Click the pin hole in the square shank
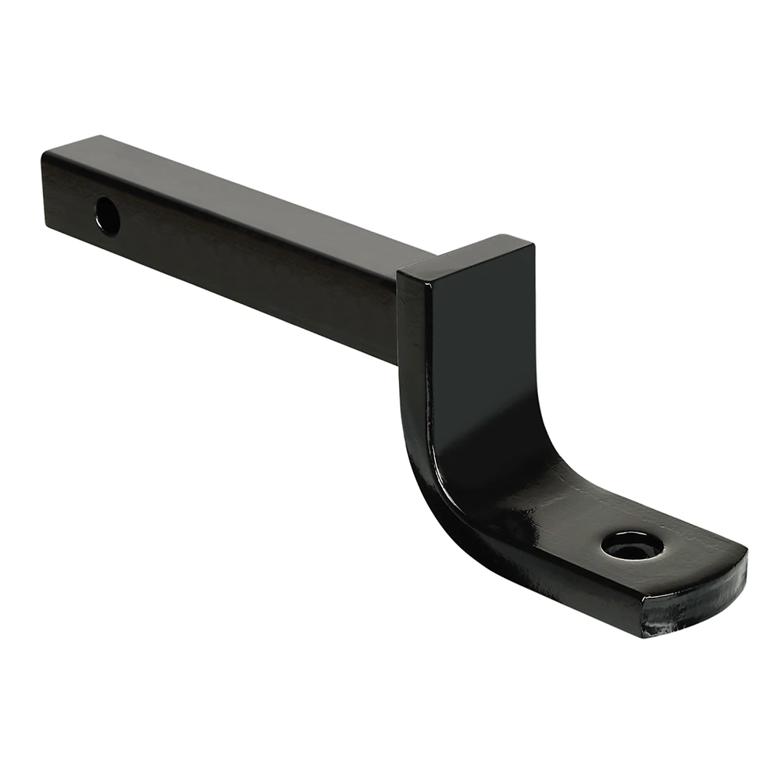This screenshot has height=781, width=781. pos(108,216)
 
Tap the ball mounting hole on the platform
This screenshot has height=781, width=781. pos(633,545)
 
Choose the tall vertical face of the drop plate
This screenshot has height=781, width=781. pos(484,351)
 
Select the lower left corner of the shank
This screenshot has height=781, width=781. pos(47,226)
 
